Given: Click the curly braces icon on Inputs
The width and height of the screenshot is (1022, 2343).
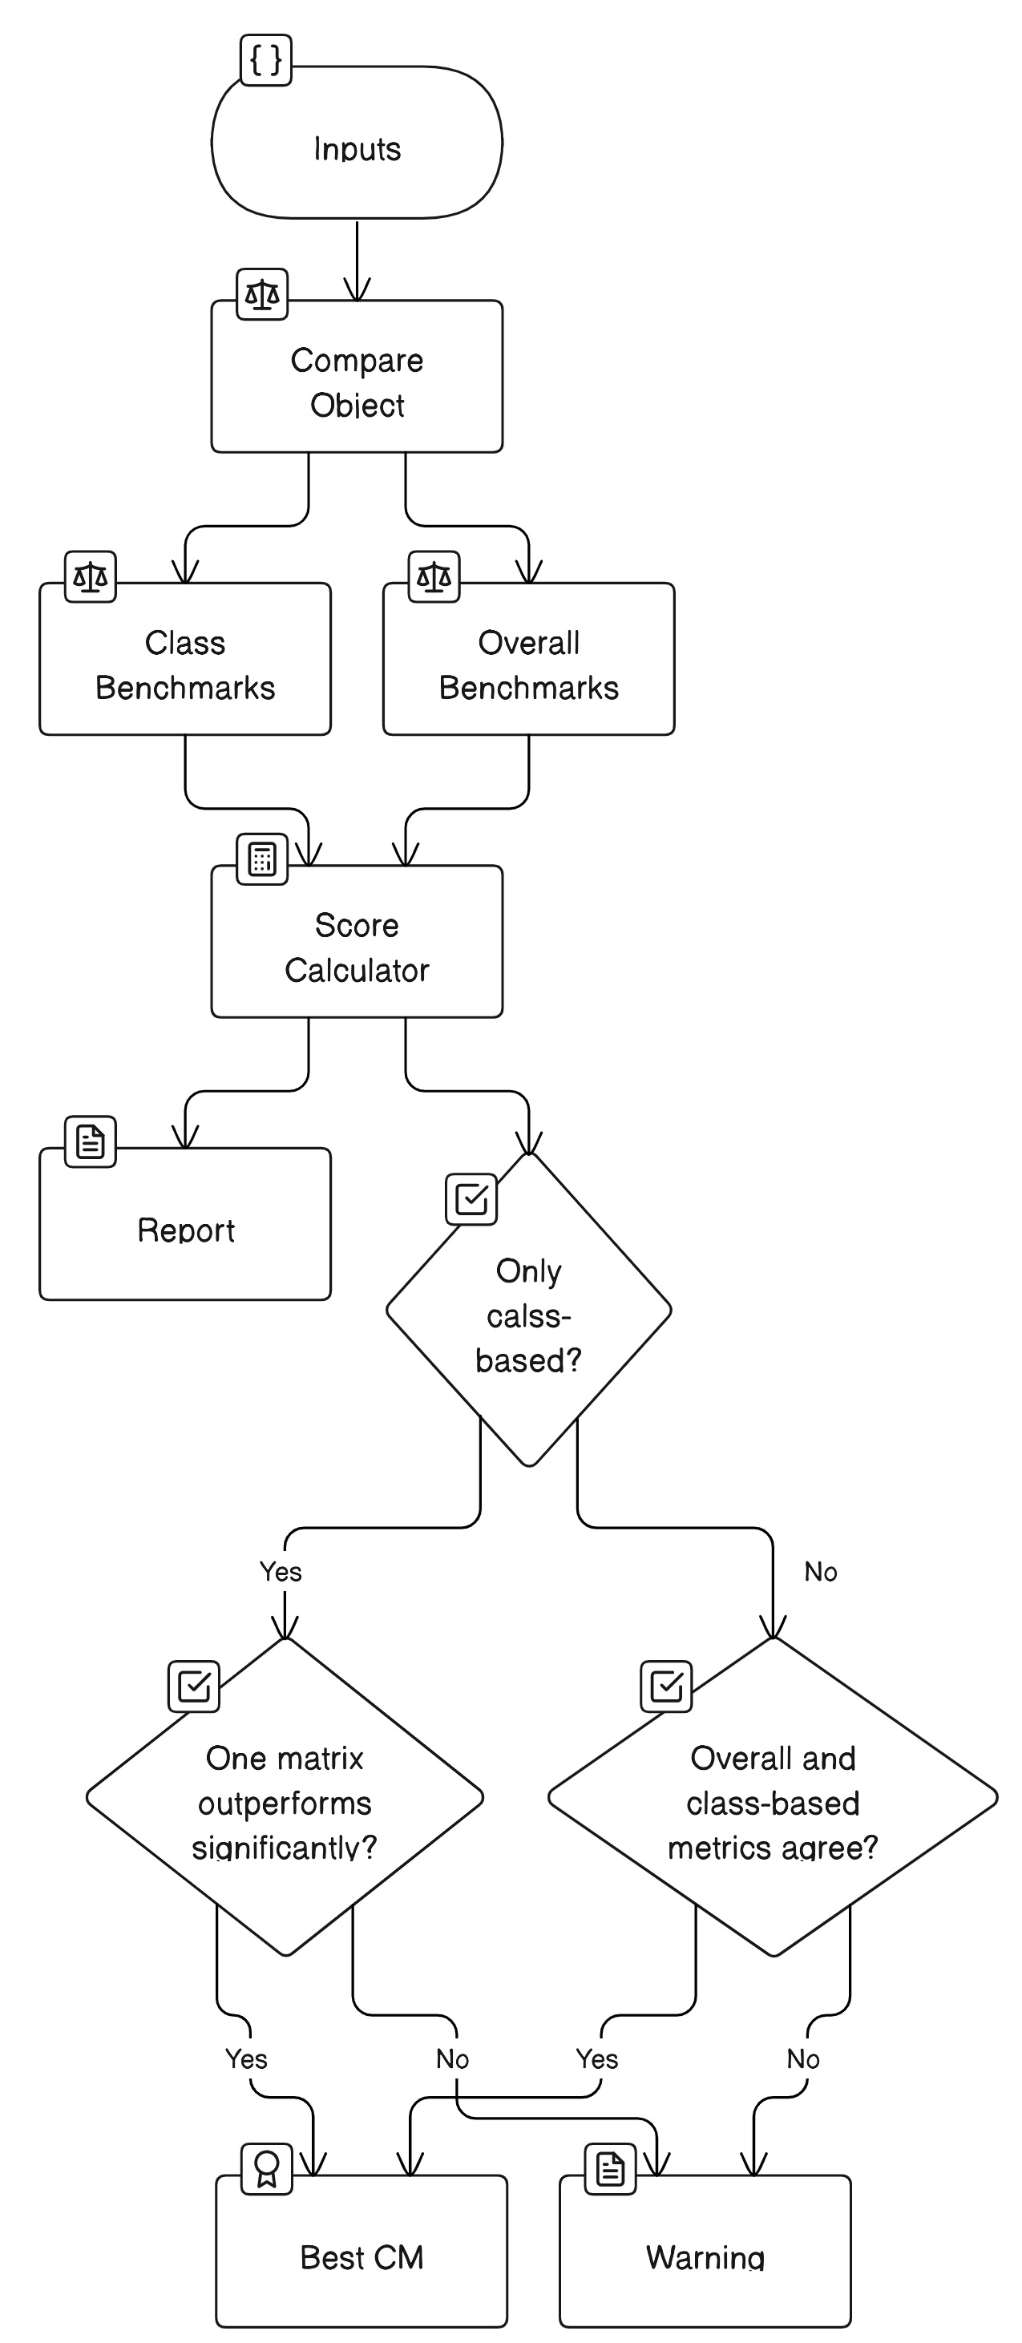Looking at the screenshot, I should coord(265,61).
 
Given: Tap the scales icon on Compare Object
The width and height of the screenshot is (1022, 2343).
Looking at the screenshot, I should coord(262,295).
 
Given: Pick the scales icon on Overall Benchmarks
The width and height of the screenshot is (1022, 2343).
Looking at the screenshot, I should coord(434,576).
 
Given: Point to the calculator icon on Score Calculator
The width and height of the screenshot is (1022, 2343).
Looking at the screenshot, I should coord(262,859).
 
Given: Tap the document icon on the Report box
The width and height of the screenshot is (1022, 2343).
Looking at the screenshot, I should coord(90,1142).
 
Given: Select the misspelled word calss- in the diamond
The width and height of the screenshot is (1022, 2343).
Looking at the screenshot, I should coord(528,1316).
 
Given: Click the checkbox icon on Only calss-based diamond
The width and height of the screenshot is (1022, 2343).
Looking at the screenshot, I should coord(471,1200).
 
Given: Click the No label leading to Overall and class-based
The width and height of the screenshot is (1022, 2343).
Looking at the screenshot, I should coord(820,1572).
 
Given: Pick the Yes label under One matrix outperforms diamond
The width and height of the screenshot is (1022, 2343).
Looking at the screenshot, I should coord(246,2059).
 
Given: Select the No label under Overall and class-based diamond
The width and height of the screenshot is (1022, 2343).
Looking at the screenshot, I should coord(803,2059).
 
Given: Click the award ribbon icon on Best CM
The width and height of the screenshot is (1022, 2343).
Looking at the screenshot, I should coord(266,2169).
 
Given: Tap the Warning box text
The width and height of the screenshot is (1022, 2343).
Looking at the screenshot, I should coord(705,2257).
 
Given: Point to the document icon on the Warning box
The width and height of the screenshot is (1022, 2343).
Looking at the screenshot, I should coord(610,2169).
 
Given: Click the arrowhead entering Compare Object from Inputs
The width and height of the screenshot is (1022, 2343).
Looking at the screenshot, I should coord(357,290).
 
